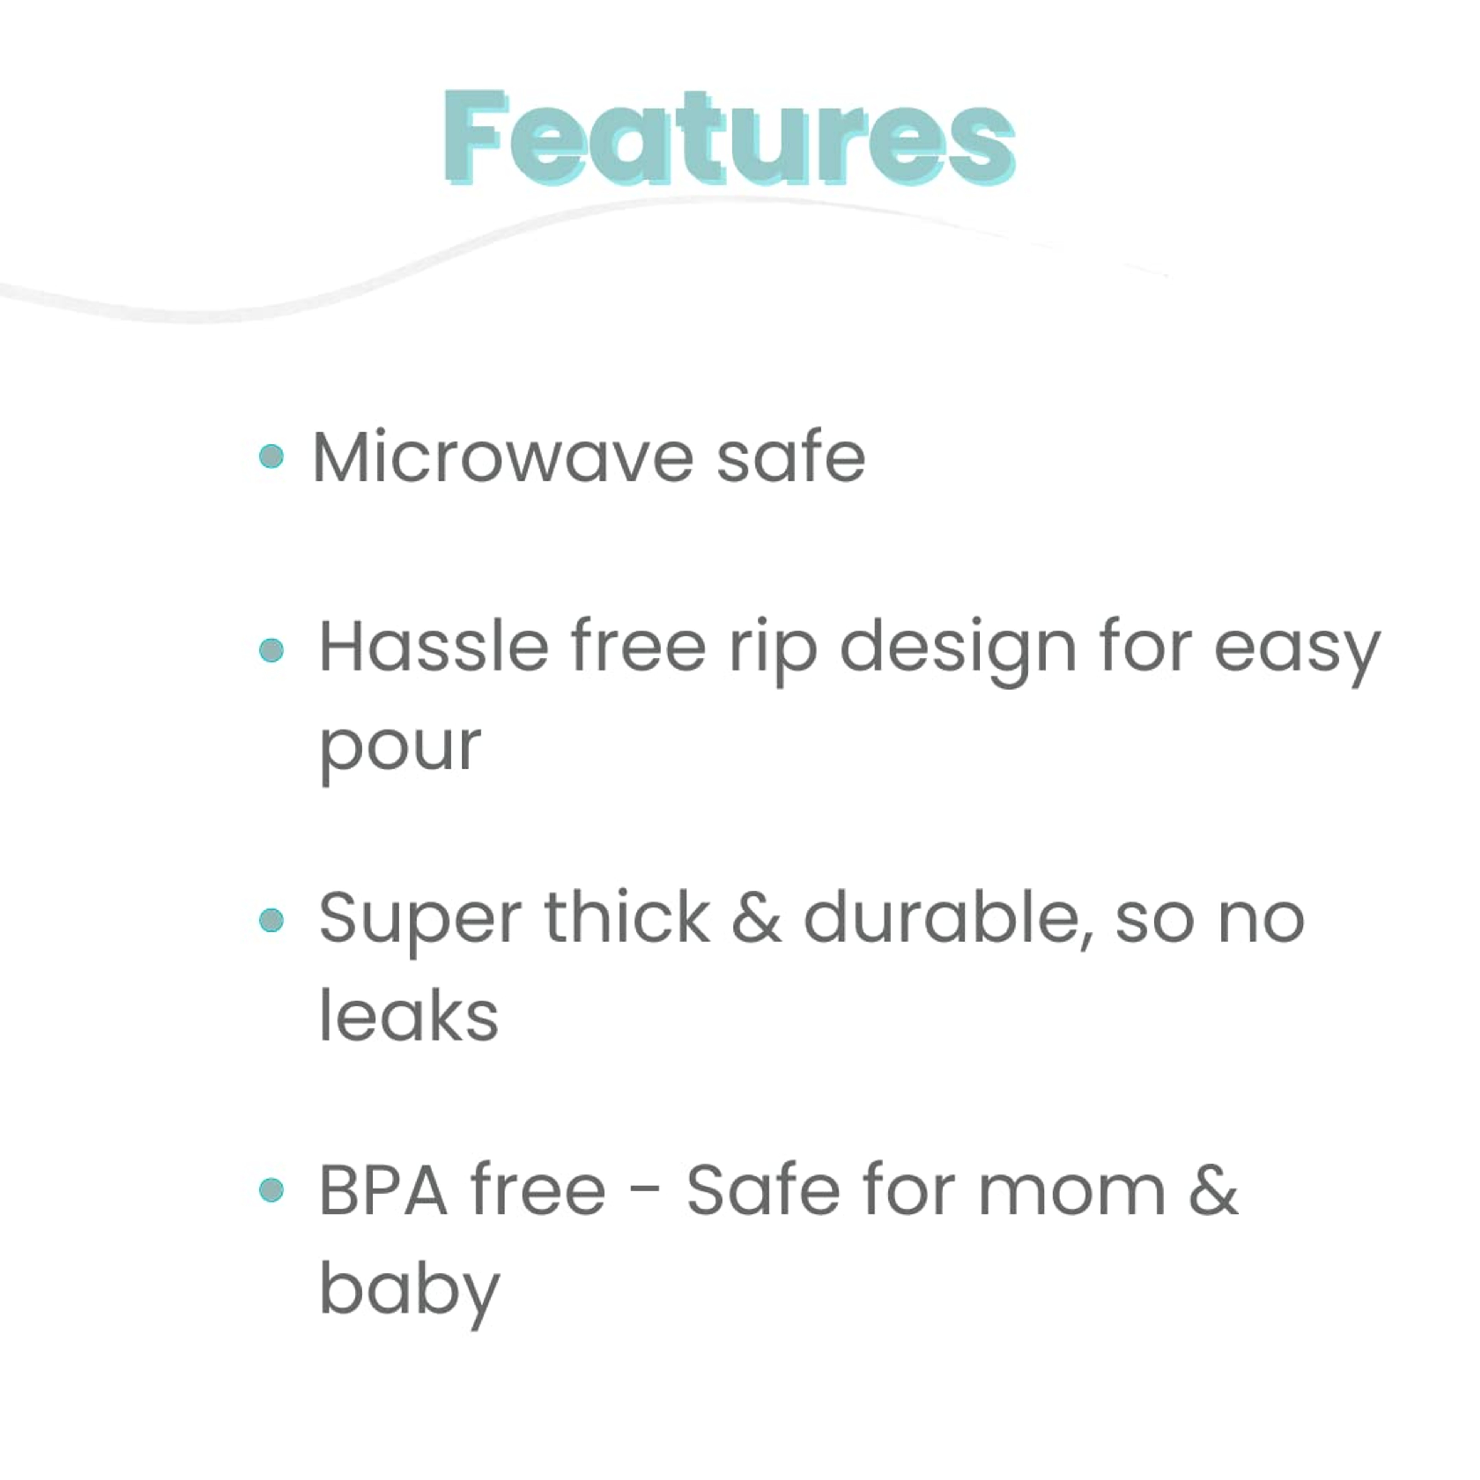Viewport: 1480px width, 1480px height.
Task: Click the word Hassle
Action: coord(434,647)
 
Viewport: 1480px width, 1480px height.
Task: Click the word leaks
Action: coord(408,1016)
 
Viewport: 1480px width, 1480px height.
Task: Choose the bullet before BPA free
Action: coord(271,1190)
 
